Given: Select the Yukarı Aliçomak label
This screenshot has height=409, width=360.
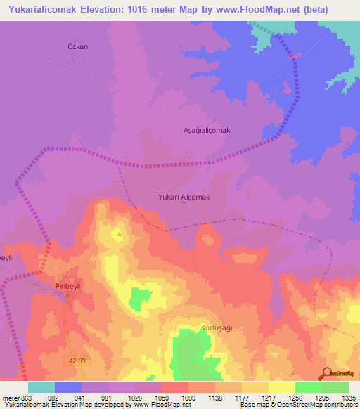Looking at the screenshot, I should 184,197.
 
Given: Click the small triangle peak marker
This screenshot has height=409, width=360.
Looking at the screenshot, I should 119,234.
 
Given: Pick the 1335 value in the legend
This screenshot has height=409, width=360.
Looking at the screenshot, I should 348,397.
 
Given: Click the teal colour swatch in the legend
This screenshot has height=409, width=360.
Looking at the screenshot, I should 41,387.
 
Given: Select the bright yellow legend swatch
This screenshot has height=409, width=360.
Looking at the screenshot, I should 281,387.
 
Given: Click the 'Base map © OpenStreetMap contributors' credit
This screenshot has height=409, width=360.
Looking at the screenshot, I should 297,405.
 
